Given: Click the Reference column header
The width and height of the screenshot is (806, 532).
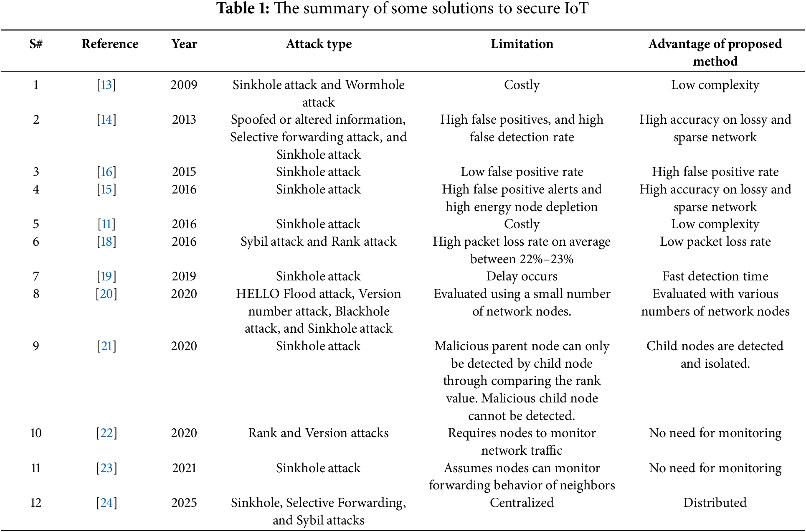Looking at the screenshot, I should [110, 44].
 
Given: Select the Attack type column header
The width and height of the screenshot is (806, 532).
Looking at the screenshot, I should [319, 44].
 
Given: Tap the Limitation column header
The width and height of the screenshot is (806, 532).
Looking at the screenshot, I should [522, 44].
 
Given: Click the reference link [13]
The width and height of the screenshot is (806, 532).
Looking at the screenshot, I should [106, 85].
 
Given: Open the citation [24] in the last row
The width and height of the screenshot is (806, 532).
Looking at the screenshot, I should [106, 503].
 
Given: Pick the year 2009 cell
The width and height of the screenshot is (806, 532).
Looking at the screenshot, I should [184, 85].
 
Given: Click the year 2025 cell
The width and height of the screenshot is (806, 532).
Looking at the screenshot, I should [184, 503].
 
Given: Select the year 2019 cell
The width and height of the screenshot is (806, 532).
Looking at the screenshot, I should [184, 276].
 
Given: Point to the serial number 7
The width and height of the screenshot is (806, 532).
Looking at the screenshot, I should [36, 276].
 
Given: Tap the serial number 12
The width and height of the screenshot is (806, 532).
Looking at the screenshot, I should [36, 503].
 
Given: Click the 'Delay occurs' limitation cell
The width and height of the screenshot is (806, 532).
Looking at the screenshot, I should [522, 276].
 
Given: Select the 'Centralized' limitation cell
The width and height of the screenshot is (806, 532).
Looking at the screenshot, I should [522, 503].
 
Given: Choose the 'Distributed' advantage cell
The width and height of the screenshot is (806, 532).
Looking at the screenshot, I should [715, 503].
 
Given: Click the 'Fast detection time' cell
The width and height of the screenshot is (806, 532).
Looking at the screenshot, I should [715, 276].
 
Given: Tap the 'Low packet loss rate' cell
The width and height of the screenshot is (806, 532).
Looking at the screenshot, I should [715, 242].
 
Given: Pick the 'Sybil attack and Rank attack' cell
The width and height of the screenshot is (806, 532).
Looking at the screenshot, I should [318, 242].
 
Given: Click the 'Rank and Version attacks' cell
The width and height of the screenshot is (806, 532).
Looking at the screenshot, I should [318, 433].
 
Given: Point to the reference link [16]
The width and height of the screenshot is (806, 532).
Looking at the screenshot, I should [106, 172].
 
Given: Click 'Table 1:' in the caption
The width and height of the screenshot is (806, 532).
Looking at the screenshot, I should [243, 8].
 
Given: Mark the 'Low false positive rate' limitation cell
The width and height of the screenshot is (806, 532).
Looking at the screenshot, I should [522, 172].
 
